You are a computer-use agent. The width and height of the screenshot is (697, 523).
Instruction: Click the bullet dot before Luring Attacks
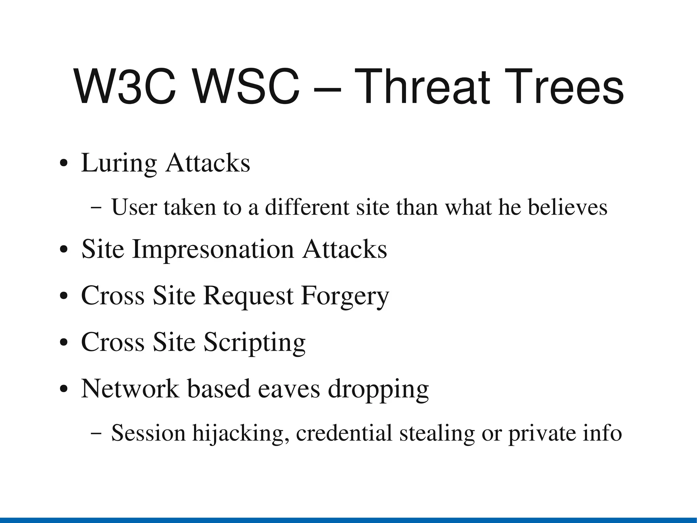(x=64, y=163)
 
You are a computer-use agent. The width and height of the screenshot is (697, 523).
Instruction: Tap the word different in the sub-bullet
(x=307, y=207)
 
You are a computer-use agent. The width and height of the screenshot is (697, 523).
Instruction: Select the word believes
(x=567, y=207)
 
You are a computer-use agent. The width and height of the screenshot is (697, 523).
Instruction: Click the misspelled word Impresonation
(x=213, y=249)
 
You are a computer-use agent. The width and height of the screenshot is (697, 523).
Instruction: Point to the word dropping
(x=378, y=389)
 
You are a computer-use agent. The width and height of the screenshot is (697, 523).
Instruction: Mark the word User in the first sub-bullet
(x=134, y=207)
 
